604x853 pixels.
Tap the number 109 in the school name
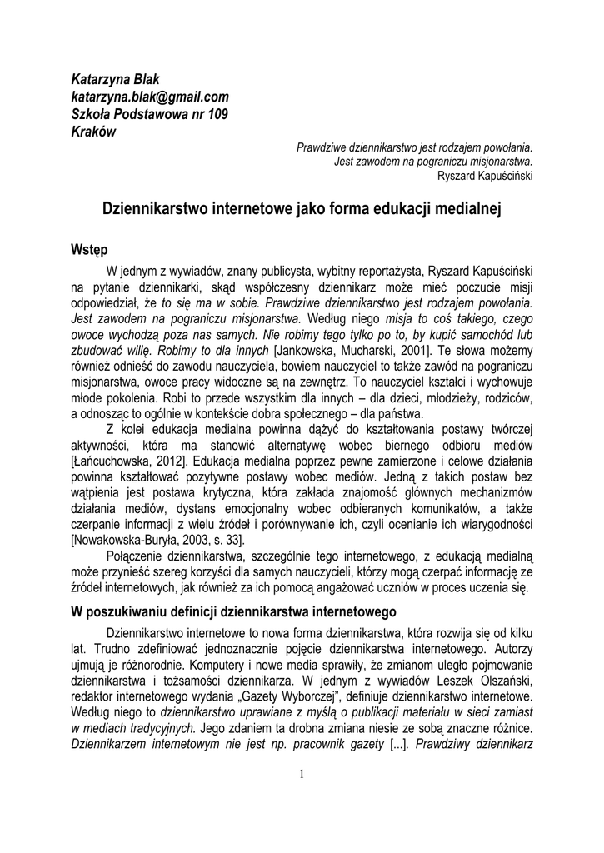214,114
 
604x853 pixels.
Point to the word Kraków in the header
93,132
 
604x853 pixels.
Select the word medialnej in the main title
463,210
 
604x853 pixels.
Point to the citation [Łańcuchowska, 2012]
125,484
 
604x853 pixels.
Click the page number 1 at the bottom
302,776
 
